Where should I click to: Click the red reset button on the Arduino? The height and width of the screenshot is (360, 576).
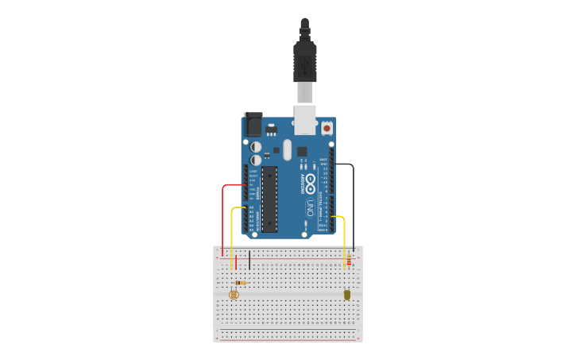pos(327,127)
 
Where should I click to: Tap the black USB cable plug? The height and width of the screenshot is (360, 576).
pos(305,60)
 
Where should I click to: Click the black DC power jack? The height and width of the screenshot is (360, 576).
pos(253,124)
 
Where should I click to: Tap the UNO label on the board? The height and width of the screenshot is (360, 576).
pos(310,207)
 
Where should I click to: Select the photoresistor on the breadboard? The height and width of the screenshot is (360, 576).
pos(233,295)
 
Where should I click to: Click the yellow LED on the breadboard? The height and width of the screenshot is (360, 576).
pos(347,295)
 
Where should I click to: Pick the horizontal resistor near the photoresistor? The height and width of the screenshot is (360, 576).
pos(241,283)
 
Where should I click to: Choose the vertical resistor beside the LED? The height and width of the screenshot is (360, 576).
pos(349,260)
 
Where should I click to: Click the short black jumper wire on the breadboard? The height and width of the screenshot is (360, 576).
pos(249,260)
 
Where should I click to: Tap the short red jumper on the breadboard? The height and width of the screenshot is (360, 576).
pos(236,262)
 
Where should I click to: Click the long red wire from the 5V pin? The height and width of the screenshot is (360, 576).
pos(223,215)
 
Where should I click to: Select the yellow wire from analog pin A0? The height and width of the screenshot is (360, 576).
pos(231,230)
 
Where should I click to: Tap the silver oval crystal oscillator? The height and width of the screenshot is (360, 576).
pos(287,149)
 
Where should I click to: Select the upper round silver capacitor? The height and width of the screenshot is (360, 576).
pos(256,147)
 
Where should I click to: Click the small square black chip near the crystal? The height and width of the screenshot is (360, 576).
pos(302,151)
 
